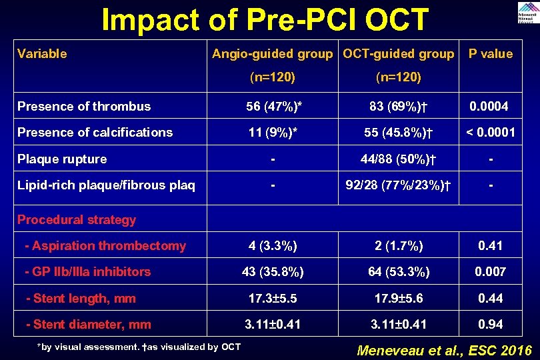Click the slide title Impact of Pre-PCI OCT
tap(265, 20)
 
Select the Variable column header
tap(42, 54)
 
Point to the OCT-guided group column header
tap(398, 54)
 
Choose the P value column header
tap(490, 54)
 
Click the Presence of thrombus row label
tap(84, 107)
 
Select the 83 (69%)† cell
tap(398, 107)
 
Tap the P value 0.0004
tap(489, 107)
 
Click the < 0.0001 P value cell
tap(490, 133)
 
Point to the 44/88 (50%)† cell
tap(398, 159)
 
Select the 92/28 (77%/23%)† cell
tap(398, 186)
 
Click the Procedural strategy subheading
tap(77, 220)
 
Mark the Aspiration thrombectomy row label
tap(105, 246)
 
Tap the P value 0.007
tap(490, 272)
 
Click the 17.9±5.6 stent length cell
tap(398, 299)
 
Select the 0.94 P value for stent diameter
tap(490, 325)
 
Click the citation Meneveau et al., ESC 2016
tap(445, 350)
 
